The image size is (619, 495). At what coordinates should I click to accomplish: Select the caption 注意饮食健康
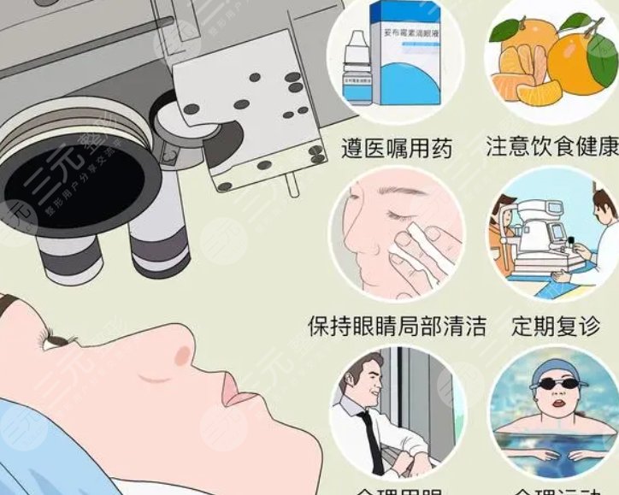(x=551, y=146)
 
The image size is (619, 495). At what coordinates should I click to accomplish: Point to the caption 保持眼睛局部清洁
(x=397, y=326)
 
